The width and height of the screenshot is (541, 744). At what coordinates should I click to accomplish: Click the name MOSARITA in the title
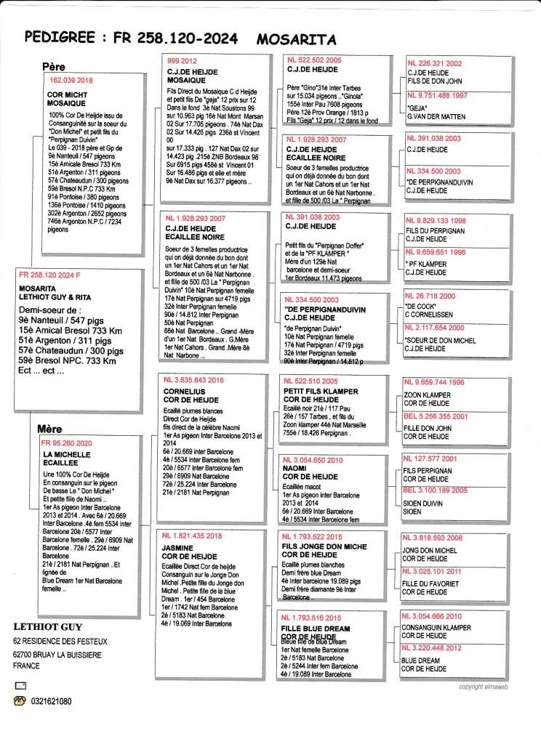click(296, 39)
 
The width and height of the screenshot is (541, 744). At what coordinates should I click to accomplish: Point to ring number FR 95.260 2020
click(68, 442)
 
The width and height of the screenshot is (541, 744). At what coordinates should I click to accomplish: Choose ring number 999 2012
click(183, 60)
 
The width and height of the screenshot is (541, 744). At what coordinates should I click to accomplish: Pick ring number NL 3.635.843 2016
click(194, 380)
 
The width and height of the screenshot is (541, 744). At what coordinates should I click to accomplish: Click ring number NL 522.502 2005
click(314, 59)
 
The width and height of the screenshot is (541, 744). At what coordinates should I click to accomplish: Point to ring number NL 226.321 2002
click(435, 63)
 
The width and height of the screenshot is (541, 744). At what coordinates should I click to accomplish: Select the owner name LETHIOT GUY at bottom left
click(48, 626)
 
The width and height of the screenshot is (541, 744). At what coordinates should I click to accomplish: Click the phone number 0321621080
click(51, 702)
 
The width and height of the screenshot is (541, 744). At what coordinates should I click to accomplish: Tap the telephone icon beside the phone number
click(20, 702)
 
